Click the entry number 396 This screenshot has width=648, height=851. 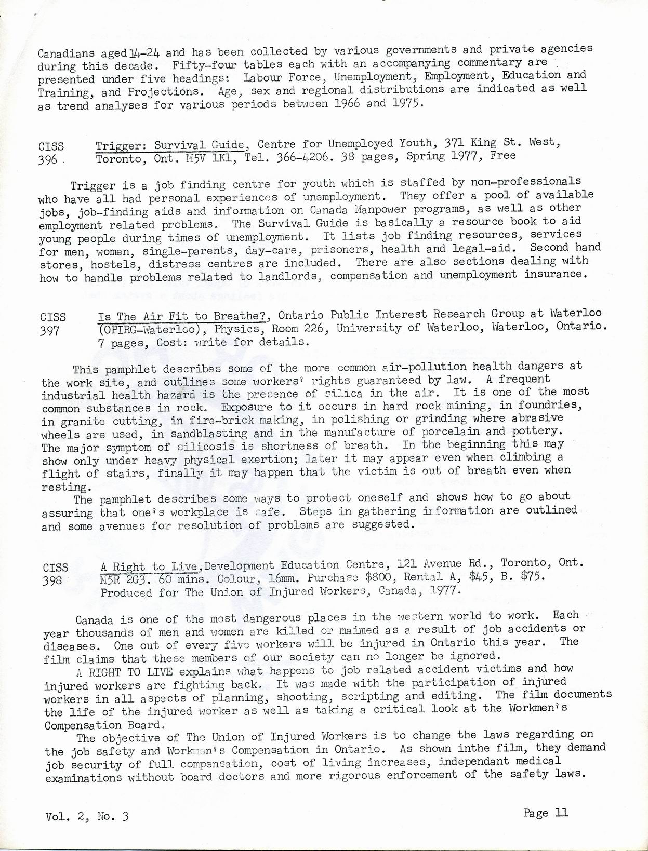click(47, 160)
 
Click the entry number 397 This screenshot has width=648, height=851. click(50, 331)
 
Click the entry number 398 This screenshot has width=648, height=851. click(52, 580)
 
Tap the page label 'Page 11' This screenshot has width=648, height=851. click(546, 813)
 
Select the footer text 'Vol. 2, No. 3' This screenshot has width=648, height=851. click(87, 816)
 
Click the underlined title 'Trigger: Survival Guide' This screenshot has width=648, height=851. click(170, 145)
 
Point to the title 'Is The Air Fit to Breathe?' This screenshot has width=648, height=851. click(184, 316)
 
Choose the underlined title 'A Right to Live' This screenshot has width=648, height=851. click(149, 566)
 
